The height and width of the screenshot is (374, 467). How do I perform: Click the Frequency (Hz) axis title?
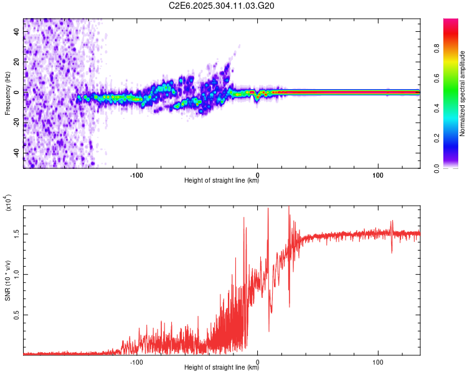(8, 93)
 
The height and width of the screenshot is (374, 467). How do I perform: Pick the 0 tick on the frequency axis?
(18, 92)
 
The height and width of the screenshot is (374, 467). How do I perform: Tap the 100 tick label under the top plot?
(378, 174)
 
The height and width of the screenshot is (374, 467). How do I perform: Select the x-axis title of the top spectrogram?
(222, 181)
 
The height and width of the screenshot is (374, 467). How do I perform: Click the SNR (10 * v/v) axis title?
(8, 280)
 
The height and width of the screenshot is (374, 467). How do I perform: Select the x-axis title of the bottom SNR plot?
(222, 368)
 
